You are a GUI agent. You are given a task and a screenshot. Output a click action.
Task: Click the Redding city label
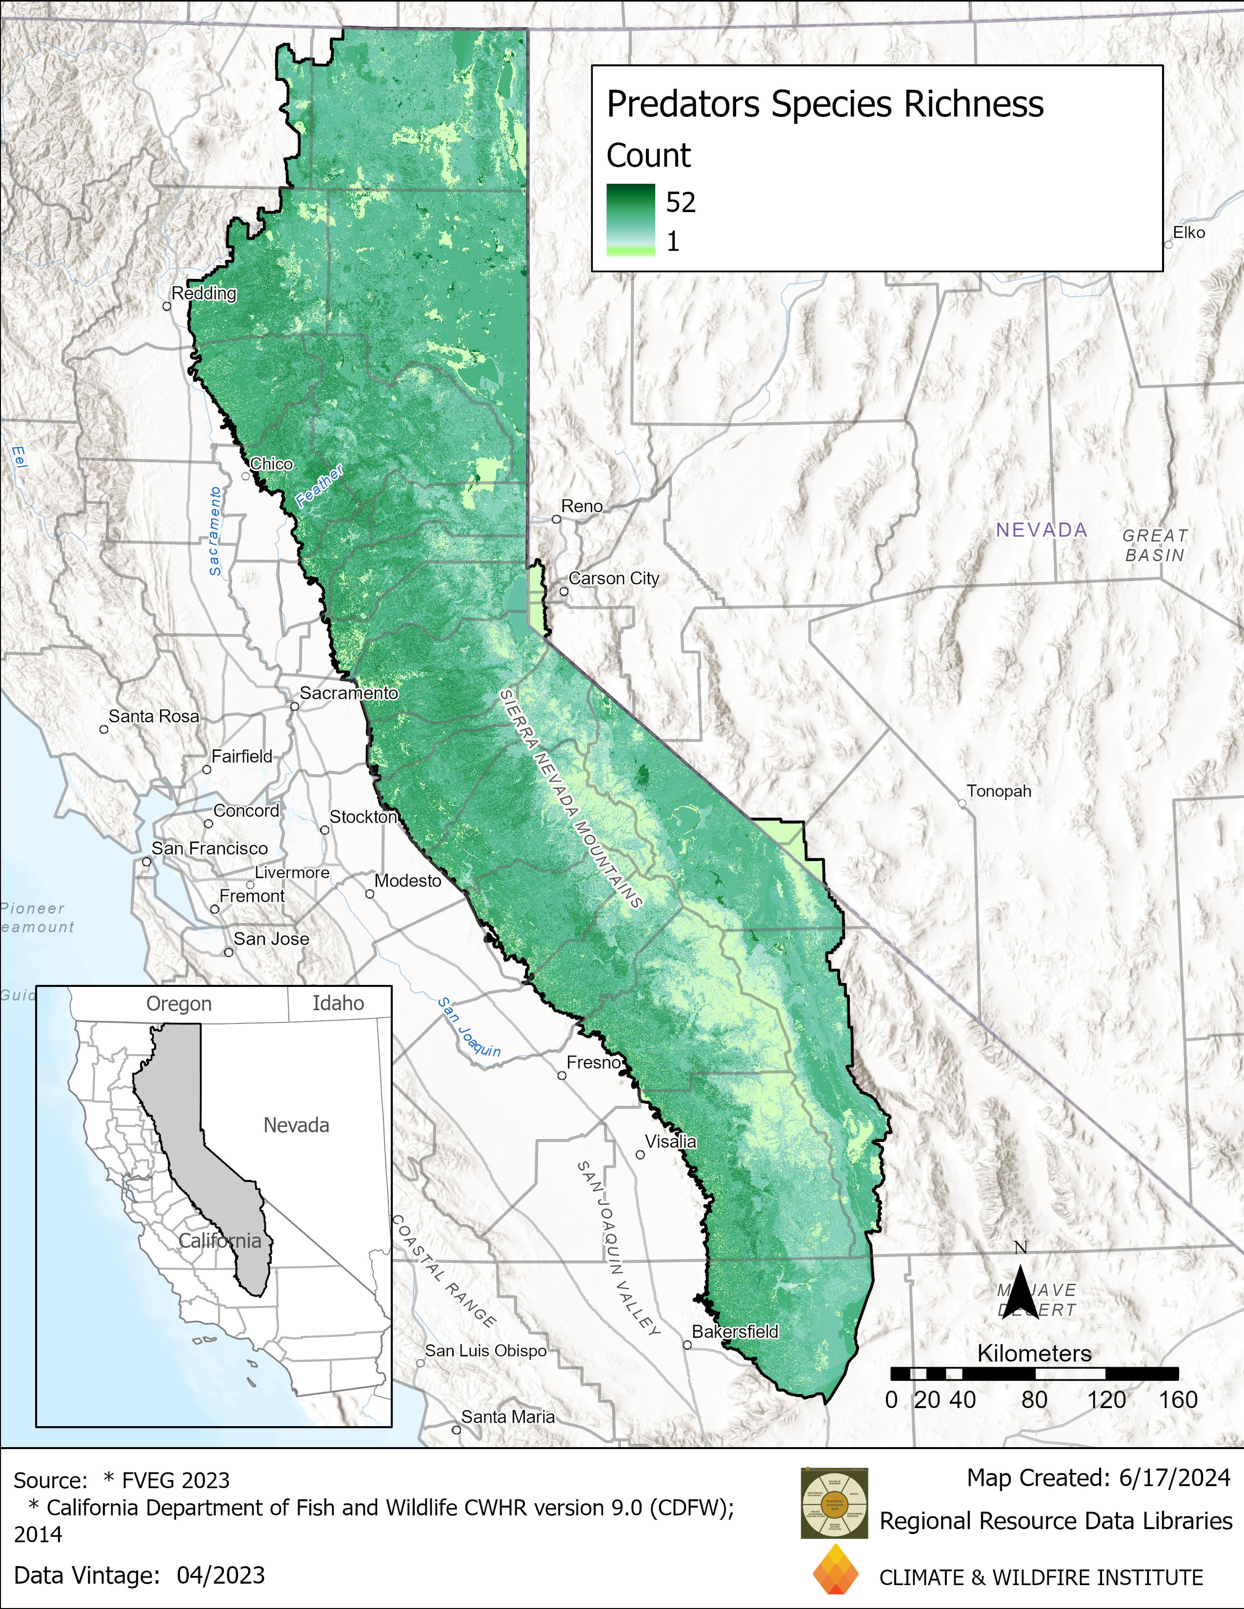(x=203, y=293)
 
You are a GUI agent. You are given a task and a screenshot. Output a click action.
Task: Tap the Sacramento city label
(x=349, y=693)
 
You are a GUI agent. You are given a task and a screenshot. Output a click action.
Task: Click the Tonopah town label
(x=999, y=791)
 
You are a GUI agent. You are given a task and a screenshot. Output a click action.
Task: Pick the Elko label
(x=1189, y=232)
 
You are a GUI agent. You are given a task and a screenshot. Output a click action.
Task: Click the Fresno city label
(x=593, y=1062)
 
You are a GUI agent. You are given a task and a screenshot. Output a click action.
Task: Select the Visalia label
(x=671, y=1141)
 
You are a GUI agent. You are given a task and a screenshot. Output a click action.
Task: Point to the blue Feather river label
(x=319, y=486)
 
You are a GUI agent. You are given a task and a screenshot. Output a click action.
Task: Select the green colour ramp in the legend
(x=630, y=219)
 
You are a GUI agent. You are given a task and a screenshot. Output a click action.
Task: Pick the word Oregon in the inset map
(x=179, y=1004)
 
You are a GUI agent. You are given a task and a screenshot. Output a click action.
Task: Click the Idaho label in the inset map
(x=338, y=1003)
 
